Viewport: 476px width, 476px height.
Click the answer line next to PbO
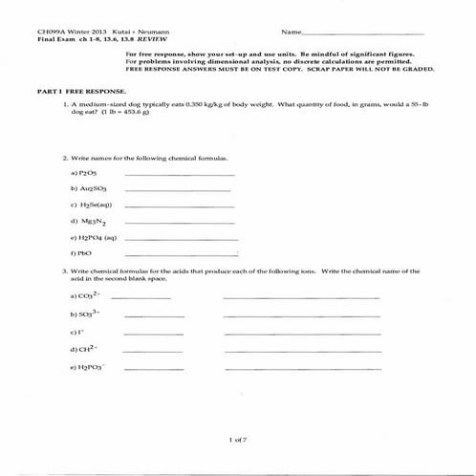182,254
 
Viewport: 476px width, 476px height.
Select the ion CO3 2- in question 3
84,296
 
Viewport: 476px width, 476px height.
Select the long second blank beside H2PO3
300,367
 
